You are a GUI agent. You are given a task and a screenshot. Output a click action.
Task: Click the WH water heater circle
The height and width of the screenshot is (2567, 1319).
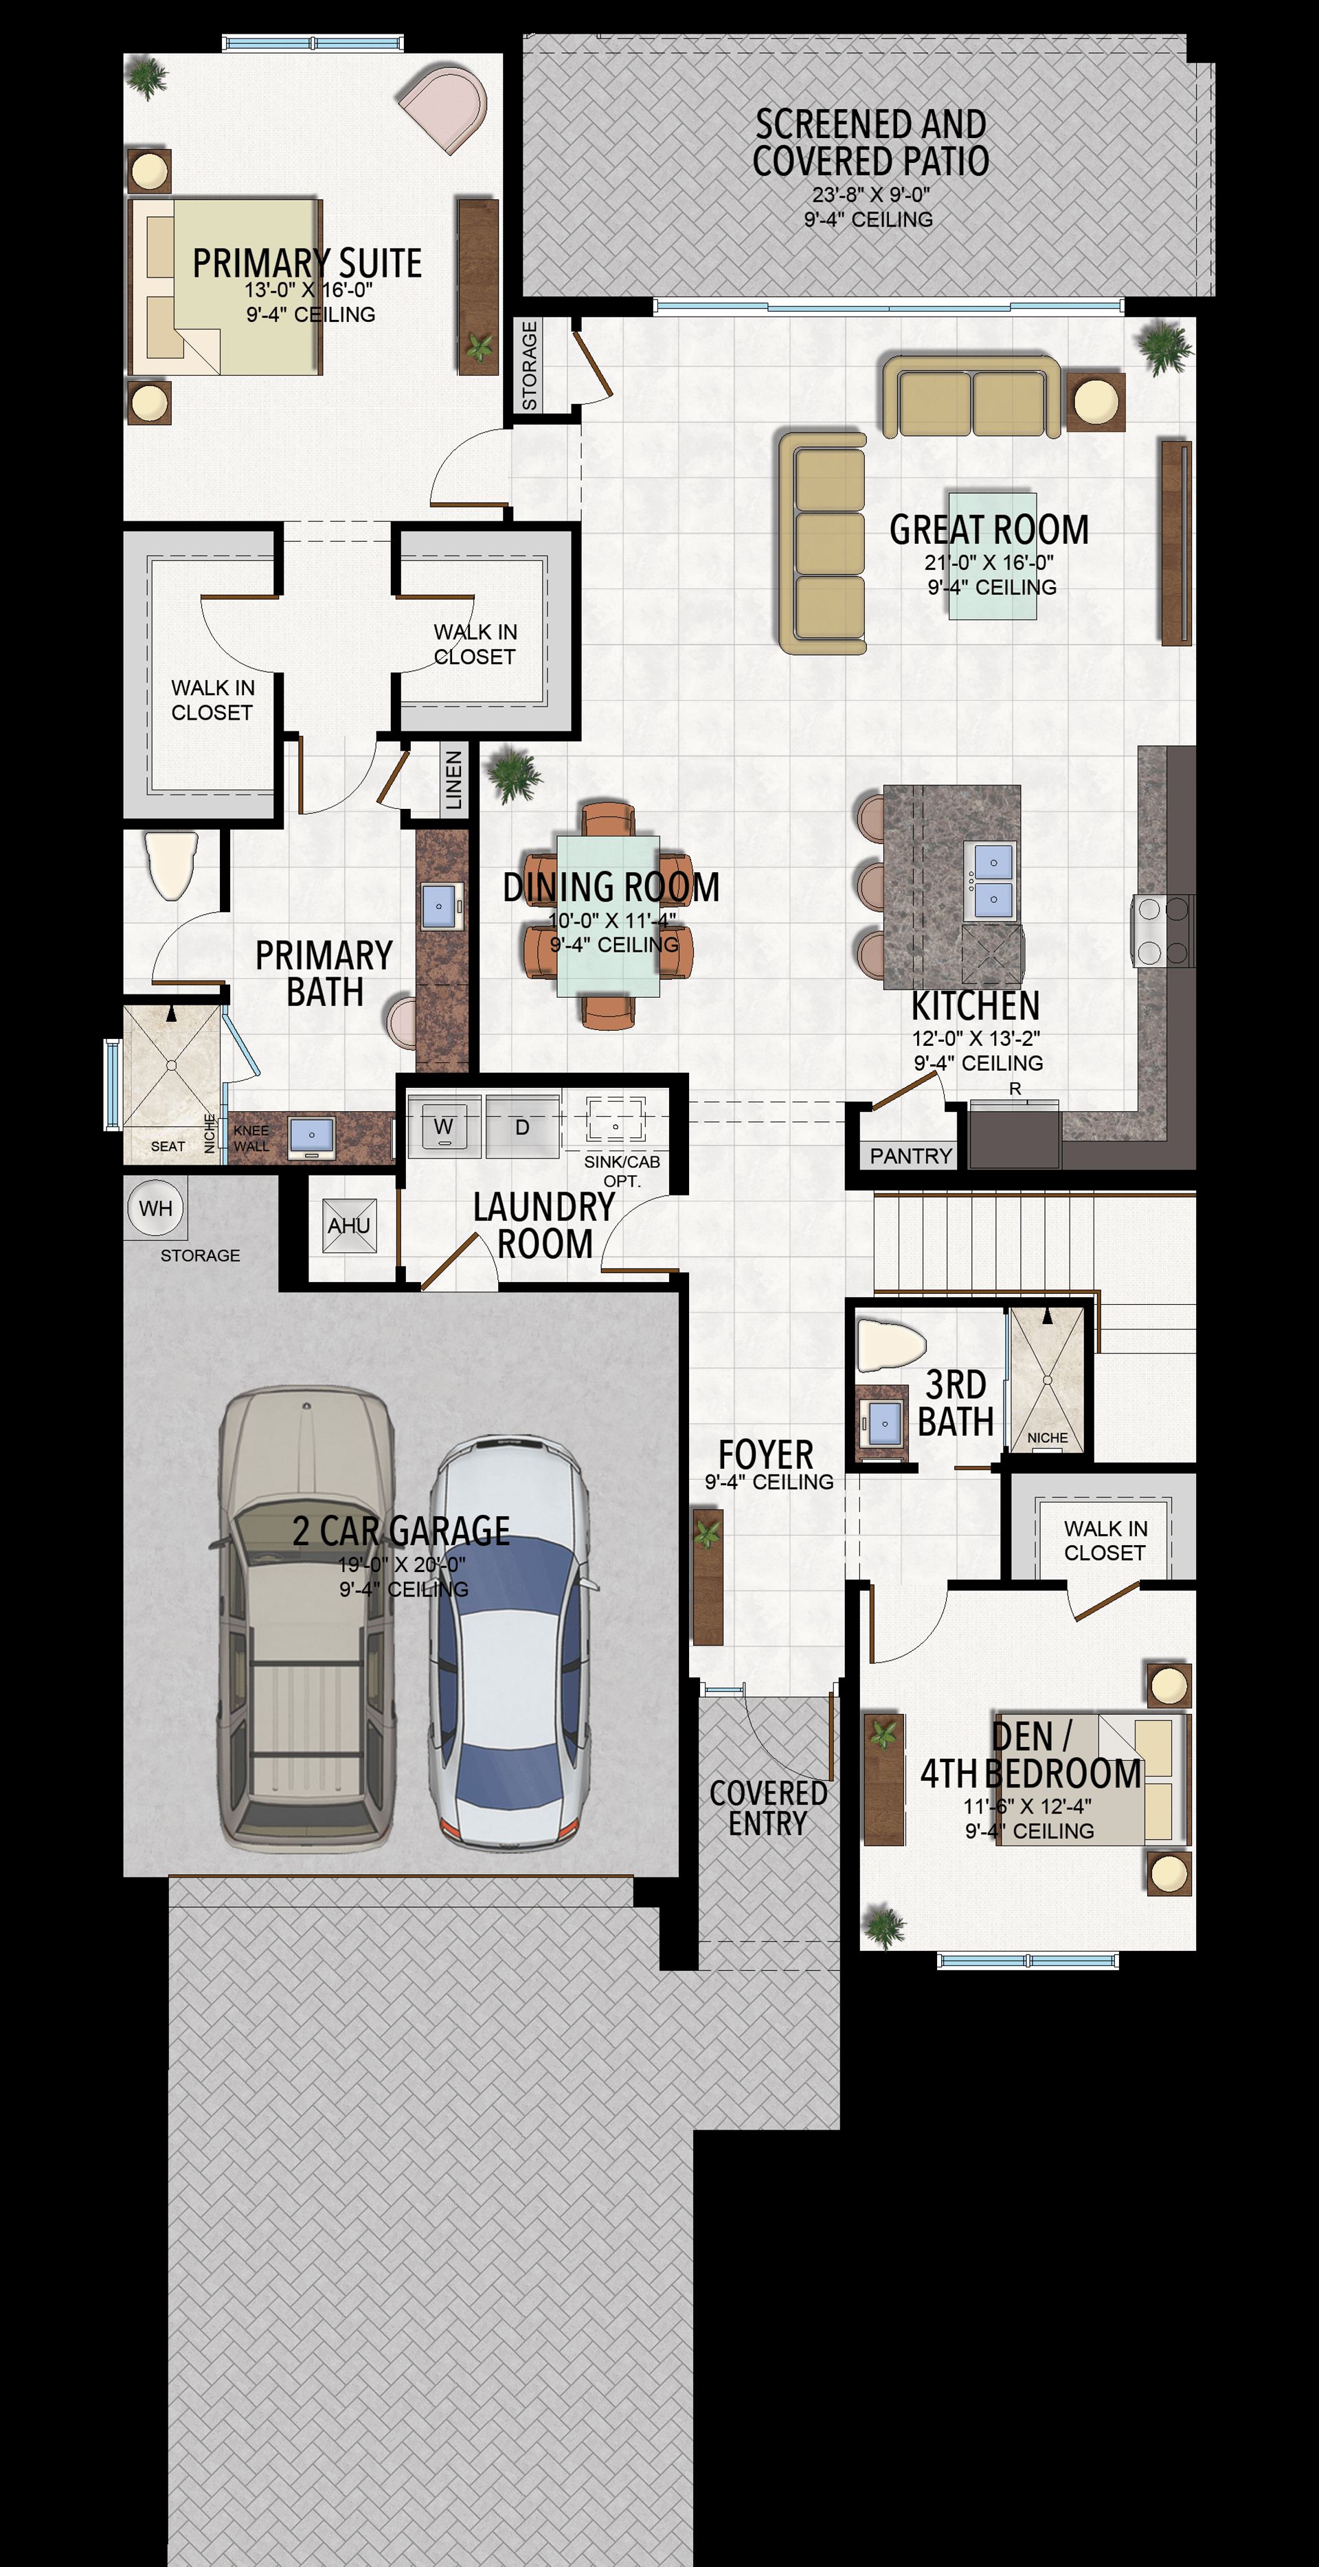[155, 1209]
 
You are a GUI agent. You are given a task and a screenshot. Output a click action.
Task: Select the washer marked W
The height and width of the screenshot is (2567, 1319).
[444, 1126]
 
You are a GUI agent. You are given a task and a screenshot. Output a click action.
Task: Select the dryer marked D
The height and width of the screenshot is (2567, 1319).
[522, 1126]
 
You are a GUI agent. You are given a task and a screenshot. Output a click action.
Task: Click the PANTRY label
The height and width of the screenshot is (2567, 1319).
[910, 1156]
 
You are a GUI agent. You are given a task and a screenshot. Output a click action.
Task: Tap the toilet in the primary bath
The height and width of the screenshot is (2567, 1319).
[172, 866]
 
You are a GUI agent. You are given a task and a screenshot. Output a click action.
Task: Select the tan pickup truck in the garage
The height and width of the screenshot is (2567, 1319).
[306, 1619]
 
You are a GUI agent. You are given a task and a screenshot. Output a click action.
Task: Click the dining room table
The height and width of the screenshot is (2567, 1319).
[607, 916]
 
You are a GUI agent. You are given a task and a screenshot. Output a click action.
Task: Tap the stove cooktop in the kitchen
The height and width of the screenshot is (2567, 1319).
[1162, 931]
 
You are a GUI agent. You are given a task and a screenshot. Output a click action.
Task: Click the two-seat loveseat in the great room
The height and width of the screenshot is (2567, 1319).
[970, 397]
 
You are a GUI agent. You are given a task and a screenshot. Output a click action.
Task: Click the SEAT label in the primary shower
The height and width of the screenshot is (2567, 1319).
[168, 1147]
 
